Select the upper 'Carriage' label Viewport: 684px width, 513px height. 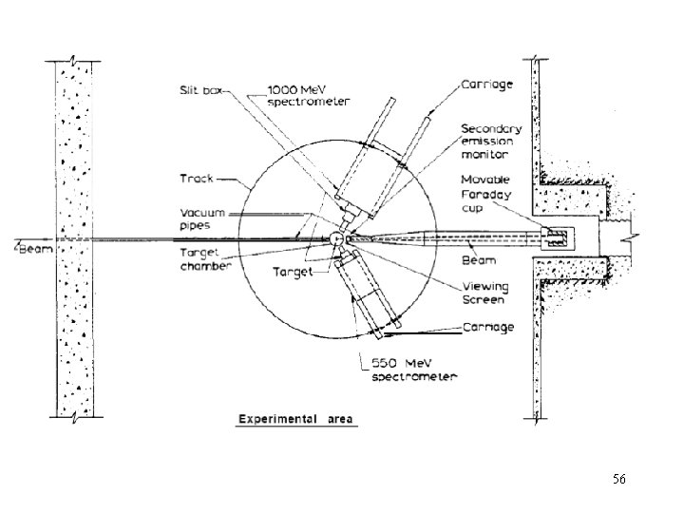(x=487, y=84)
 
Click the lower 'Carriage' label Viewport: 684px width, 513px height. (x=487, y=327)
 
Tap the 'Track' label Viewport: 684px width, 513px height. (x=197, y=178)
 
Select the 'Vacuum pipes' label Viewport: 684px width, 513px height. (x=197, y=218)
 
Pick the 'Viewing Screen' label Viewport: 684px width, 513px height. (x=485, y=292)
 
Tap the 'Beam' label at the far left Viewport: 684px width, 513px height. (x=36, y=247)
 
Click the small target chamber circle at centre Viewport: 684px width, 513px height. (x=337, y=238)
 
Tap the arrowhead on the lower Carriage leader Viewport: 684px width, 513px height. (x=389, y=332)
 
